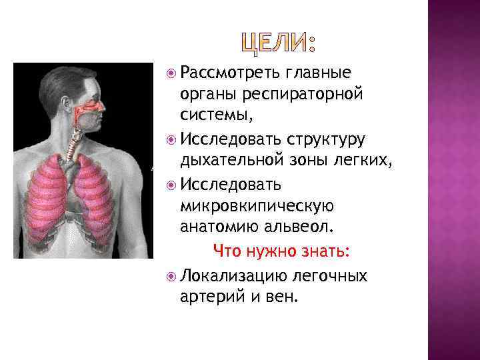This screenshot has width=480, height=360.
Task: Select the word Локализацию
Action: coord(234,275)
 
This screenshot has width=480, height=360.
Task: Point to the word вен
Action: coord(279,296)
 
